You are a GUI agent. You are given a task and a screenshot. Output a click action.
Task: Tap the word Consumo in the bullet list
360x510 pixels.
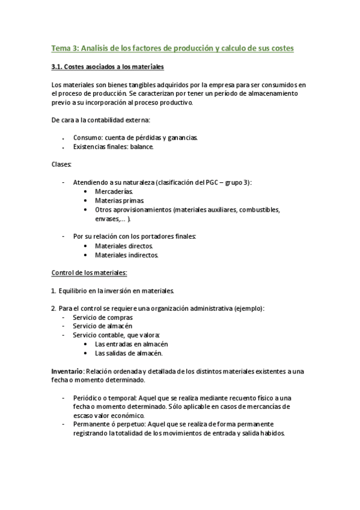(85, 137)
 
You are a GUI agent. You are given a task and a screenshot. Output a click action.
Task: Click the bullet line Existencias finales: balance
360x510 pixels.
(113, 146)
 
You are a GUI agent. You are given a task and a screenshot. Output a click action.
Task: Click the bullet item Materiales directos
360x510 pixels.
(124, 245)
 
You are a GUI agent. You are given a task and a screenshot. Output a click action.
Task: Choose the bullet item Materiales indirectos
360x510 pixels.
(126, 254)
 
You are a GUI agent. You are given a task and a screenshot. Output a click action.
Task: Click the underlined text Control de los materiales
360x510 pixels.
(89, 272)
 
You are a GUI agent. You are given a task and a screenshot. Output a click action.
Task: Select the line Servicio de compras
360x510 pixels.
(103, 317)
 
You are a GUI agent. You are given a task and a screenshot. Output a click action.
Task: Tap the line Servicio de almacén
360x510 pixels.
(103, 326)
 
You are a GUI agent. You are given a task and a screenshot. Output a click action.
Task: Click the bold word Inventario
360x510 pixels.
(67, 372)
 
